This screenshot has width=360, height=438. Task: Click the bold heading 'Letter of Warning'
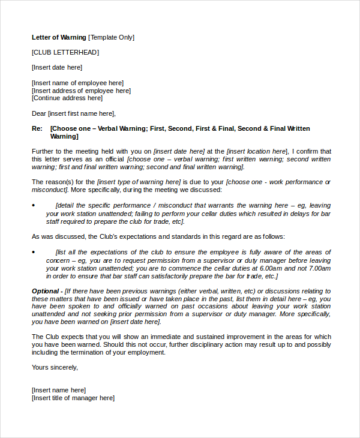(x=59, y=37)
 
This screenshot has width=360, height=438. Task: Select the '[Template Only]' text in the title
(x=112, y=37)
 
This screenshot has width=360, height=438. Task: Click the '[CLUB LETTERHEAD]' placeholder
(x=65, y=52)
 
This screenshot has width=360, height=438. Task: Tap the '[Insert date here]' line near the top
(x=57, y=67)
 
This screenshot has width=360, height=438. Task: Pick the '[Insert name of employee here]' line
(x=77, y=83)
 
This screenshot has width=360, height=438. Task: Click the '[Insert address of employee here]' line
(x=81, y=91)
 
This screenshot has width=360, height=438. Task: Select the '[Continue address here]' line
(x=67, y=98)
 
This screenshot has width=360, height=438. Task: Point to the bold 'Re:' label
(x=37, y=129)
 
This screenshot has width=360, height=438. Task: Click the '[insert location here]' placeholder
(x=257, y=152)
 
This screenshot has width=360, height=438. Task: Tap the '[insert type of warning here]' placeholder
(x=139, y=182)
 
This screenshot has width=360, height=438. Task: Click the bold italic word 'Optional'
(x=45, y=291)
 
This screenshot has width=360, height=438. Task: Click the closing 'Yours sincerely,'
(x=55, y=367)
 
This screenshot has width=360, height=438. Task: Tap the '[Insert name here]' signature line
(x=59, y=390)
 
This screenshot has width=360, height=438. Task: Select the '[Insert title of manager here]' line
(x=73, y=398)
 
